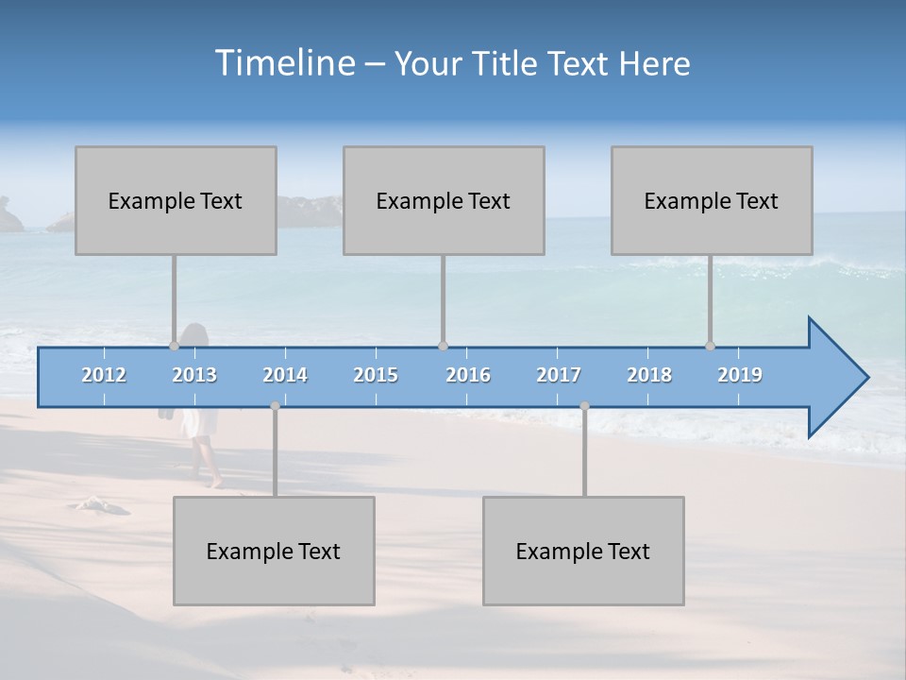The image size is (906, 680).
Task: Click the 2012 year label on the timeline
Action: tap(104, 375)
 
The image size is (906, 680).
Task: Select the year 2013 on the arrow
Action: tap(194, 375)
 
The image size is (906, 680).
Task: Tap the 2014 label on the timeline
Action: tap(285, 375)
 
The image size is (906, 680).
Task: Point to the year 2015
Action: tap(376, 375)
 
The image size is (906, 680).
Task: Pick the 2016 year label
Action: tap(468, 375)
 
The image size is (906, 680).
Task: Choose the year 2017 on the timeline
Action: tap(559, 375)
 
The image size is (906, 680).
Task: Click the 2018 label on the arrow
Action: tap(649, 375)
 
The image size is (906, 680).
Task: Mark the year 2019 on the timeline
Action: tap(740, 375)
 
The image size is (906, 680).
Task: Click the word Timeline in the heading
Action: tap(284, 62)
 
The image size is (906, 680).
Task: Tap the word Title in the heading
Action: tap(509, 64)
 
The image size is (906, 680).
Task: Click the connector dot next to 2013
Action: tap(174, 346)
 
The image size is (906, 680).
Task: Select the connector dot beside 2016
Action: tap(443, 346)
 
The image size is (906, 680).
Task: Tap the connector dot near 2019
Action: tap(710, 346)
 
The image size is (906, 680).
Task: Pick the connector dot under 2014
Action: tap(275, 405)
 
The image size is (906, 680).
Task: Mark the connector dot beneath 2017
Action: tap(584, 405)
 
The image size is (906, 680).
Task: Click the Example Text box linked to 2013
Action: tap(176, 200)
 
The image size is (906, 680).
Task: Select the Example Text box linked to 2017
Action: tap(583, 551)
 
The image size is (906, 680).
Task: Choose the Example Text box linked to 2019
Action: tap(712, 200)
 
